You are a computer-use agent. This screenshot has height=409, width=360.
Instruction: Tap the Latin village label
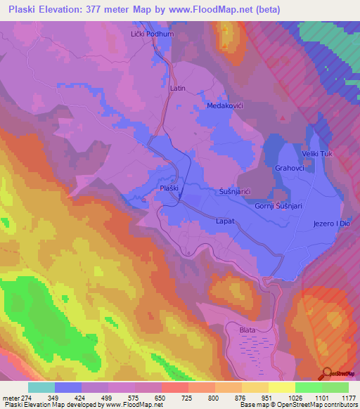pyautogui.click(x=177, y=89)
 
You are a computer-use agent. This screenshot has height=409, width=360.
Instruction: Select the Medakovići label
pyautogui.click(x=225, y=105)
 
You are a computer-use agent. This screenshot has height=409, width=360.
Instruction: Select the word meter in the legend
pyautogui.click(x=11, y=397)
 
